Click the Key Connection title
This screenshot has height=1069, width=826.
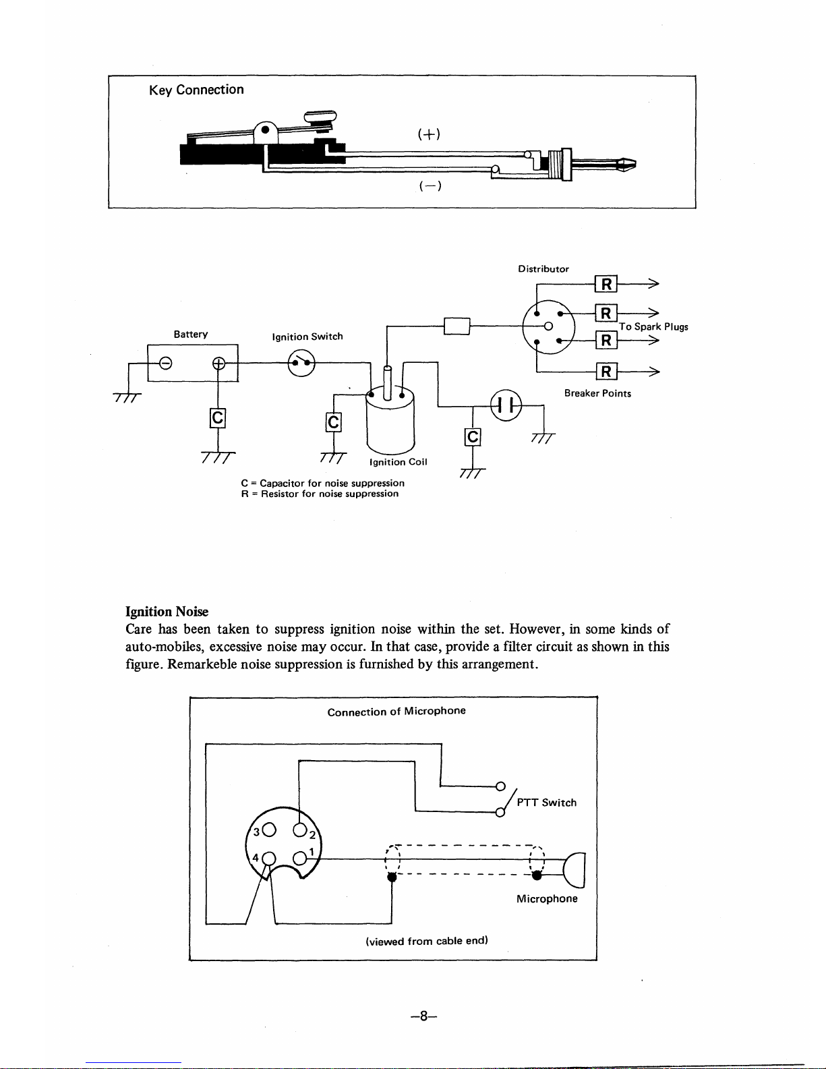[196, 90]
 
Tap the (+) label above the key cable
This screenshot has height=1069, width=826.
[429, 134]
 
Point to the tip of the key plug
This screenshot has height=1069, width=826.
[635, 165]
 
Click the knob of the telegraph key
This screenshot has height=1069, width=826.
[320, 117]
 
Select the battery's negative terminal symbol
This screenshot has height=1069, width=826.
[166, 364]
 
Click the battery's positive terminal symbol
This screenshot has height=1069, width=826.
[218, 364]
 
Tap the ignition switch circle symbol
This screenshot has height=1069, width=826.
[301, 363]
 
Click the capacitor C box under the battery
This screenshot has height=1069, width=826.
[217, 418]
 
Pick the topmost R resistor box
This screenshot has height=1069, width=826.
[606, 284]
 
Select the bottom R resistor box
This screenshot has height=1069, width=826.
[606, 372]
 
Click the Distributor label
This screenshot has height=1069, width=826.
[543, 269]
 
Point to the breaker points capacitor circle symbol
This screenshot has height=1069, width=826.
[506, 406]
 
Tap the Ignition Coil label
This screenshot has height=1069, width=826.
[399, 462]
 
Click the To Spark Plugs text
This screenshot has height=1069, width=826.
[653, 326]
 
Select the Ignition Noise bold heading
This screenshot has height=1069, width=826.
[167, 612]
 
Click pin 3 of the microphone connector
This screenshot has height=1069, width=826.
[269, 830]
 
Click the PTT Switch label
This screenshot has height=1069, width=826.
[546, 803]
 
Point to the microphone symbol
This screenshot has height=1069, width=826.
[574, 870]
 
